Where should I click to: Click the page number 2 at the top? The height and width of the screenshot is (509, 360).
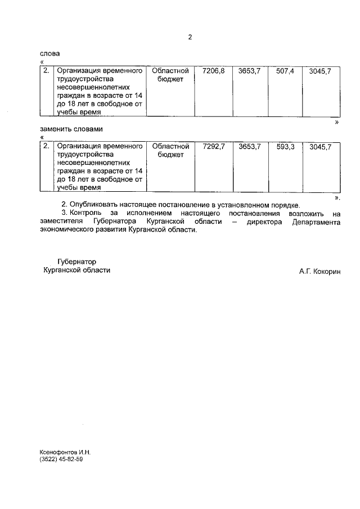(x=190, y=37)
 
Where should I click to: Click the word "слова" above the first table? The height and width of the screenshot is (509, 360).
(x=49, y=53)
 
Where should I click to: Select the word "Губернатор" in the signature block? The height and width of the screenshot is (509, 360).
(x=77, y=262)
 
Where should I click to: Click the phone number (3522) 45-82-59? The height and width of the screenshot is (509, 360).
(x=61, y=459)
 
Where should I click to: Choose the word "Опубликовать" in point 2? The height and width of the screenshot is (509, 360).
(x=94, y=205)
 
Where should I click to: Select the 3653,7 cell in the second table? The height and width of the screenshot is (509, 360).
(x=249, y=146)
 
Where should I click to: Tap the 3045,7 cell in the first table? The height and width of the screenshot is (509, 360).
(x=321, y=71)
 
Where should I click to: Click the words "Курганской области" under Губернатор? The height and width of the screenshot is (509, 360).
(x=77, y=270)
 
